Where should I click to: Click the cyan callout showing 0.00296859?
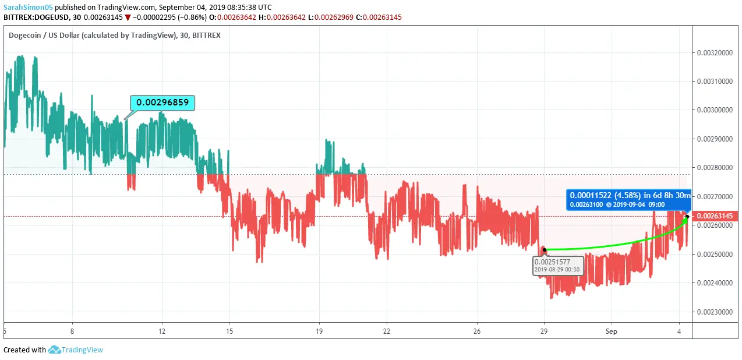coord(162,103)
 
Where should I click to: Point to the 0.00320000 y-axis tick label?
coord(715,53)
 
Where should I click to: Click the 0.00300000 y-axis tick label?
coord(715,110)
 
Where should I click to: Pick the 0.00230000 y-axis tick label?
coord(715,312)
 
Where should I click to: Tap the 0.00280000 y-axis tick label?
coord(715,168)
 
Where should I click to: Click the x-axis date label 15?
coord(229,331)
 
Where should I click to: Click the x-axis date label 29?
coord(544,331)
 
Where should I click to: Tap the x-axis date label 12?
coord(162,331)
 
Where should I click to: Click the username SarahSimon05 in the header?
coord(27,8)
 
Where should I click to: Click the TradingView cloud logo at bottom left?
coord(55,350)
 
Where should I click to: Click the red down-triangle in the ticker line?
coord(128,17)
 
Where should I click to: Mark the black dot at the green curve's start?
coord(544,250)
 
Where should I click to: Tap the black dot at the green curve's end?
coord(687,217)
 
